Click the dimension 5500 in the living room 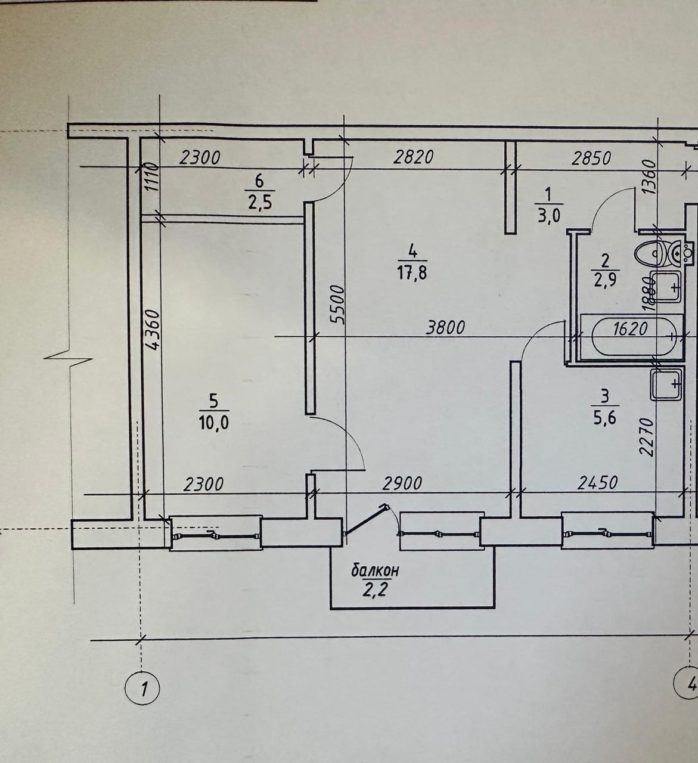click(x=337, y=304)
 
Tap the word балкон click(x=375, y=570)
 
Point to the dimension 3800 click(x=445, y=327)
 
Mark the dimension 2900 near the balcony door click(x=402, y=483)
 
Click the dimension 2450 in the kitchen click(x=597, y=482)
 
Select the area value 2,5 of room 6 click(x=259, y=203)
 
